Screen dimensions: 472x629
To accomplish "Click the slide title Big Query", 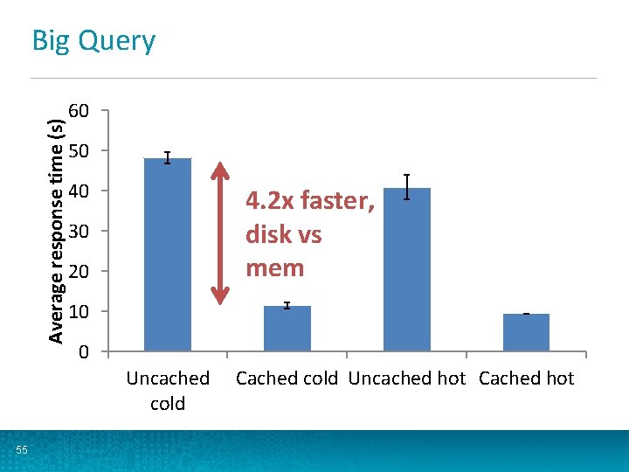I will click(x=93, y=41).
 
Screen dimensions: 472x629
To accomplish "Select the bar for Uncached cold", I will click(x=167, y=254).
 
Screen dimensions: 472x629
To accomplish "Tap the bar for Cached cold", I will click(x=287, y=329).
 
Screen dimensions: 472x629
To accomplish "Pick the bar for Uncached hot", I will click(x=407, y=269).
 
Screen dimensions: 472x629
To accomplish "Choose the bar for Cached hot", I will click(x=526, y=332).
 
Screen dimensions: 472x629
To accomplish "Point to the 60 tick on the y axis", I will click(x=79, y=111).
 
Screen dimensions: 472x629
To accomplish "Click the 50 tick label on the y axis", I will click(x=79, y=151).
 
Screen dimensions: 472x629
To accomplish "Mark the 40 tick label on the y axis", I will click(x=79, y=191).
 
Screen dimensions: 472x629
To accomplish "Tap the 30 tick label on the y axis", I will click(x=79, y=232).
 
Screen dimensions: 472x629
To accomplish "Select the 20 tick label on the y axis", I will click(x=79, y=272).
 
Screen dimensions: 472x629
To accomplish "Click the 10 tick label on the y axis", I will click(x=79, y=312).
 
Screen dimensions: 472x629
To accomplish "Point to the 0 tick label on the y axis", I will click(x=83, y=352).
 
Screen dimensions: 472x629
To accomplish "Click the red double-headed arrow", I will click(x=221, y=233).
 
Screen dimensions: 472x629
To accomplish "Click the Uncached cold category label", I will click(x=168, y=391).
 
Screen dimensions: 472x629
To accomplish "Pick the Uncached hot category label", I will click(x=407, y=378).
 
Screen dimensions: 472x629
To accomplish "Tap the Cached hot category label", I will click(x=526, y=378).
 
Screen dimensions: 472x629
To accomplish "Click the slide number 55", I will click(x=22, y=450).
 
